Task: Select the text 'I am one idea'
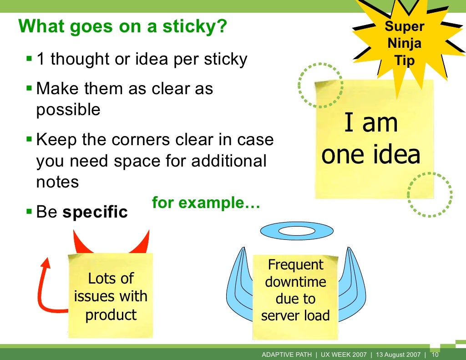tap(371, 139)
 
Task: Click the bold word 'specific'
tap(95, 212)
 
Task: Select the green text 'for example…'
tap(206, 203)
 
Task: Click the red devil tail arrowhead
tap(46, 263)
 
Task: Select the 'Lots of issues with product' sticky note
tap(111, 296)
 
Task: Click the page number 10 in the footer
tap(435, 355)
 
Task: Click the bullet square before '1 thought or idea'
tap(29, 59)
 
